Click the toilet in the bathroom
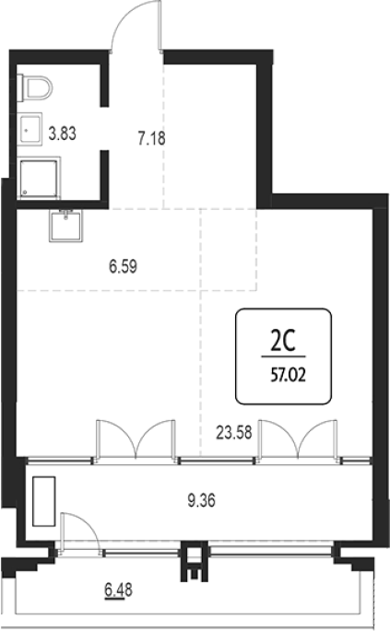(35, 88)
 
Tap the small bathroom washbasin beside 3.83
(30, 130)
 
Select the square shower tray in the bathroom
(39, 178)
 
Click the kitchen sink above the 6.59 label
(65, 226)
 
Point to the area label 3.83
(62, 134)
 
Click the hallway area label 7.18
(151, 138)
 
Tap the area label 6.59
(123, 266)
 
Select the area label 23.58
(233, 433)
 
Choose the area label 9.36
(201, 500)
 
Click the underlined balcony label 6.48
(118, 590)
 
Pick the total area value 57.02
(288, 375)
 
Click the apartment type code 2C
(283, 341)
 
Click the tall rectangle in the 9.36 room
(44, 501)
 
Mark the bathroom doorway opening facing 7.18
(104, 128)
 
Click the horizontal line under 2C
(283, 356)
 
